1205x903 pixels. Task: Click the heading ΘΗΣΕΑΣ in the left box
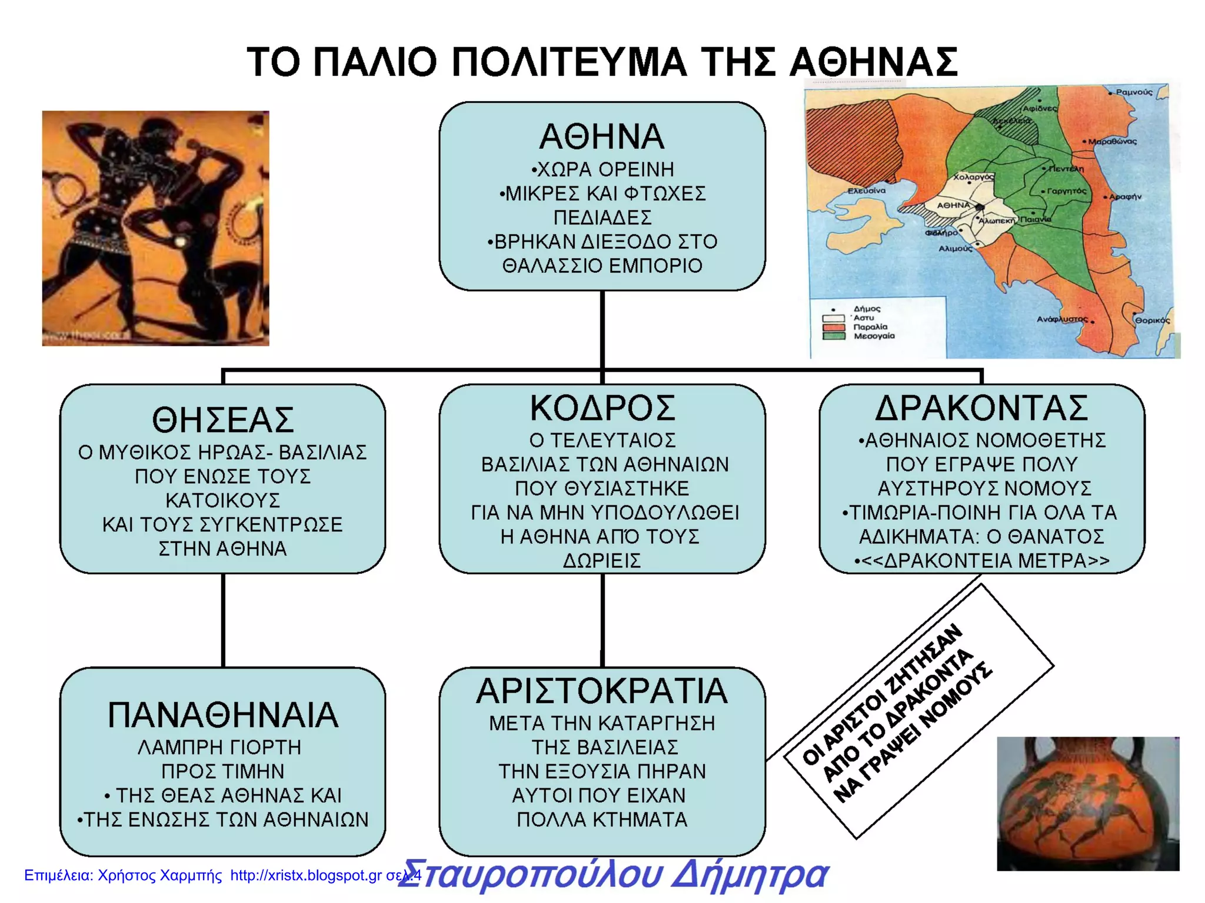222,420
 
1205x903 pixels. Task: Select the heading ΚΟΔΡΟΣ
602,408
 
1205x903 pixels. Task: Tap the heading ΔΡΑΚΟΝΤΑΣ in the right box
981,408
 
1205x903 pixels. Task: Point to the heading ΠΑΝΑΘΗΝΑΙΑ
222,715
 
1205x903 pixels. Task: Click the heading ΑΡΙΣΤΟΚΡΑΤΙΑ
602,691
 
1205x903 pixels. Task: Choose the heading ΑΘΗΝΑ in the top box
602,136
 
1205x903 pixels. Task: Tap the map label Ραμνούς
1134,92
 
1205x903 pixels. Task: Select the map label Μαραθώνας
1111,142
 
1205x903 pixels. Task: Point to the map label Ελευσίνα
866,190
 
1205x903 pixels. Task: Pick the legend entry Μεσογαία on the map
874,336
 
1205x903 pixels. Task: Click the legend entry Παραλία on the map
870,327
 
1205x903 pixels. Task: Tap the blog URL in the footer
306,875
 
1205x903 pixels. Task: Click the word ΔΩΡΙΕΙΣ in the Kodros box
602,561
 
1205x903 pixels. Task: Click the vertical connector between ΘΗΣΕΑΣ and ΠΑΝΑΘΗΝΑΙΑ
223,620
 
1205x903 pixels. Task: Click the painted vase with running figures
1087,803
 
